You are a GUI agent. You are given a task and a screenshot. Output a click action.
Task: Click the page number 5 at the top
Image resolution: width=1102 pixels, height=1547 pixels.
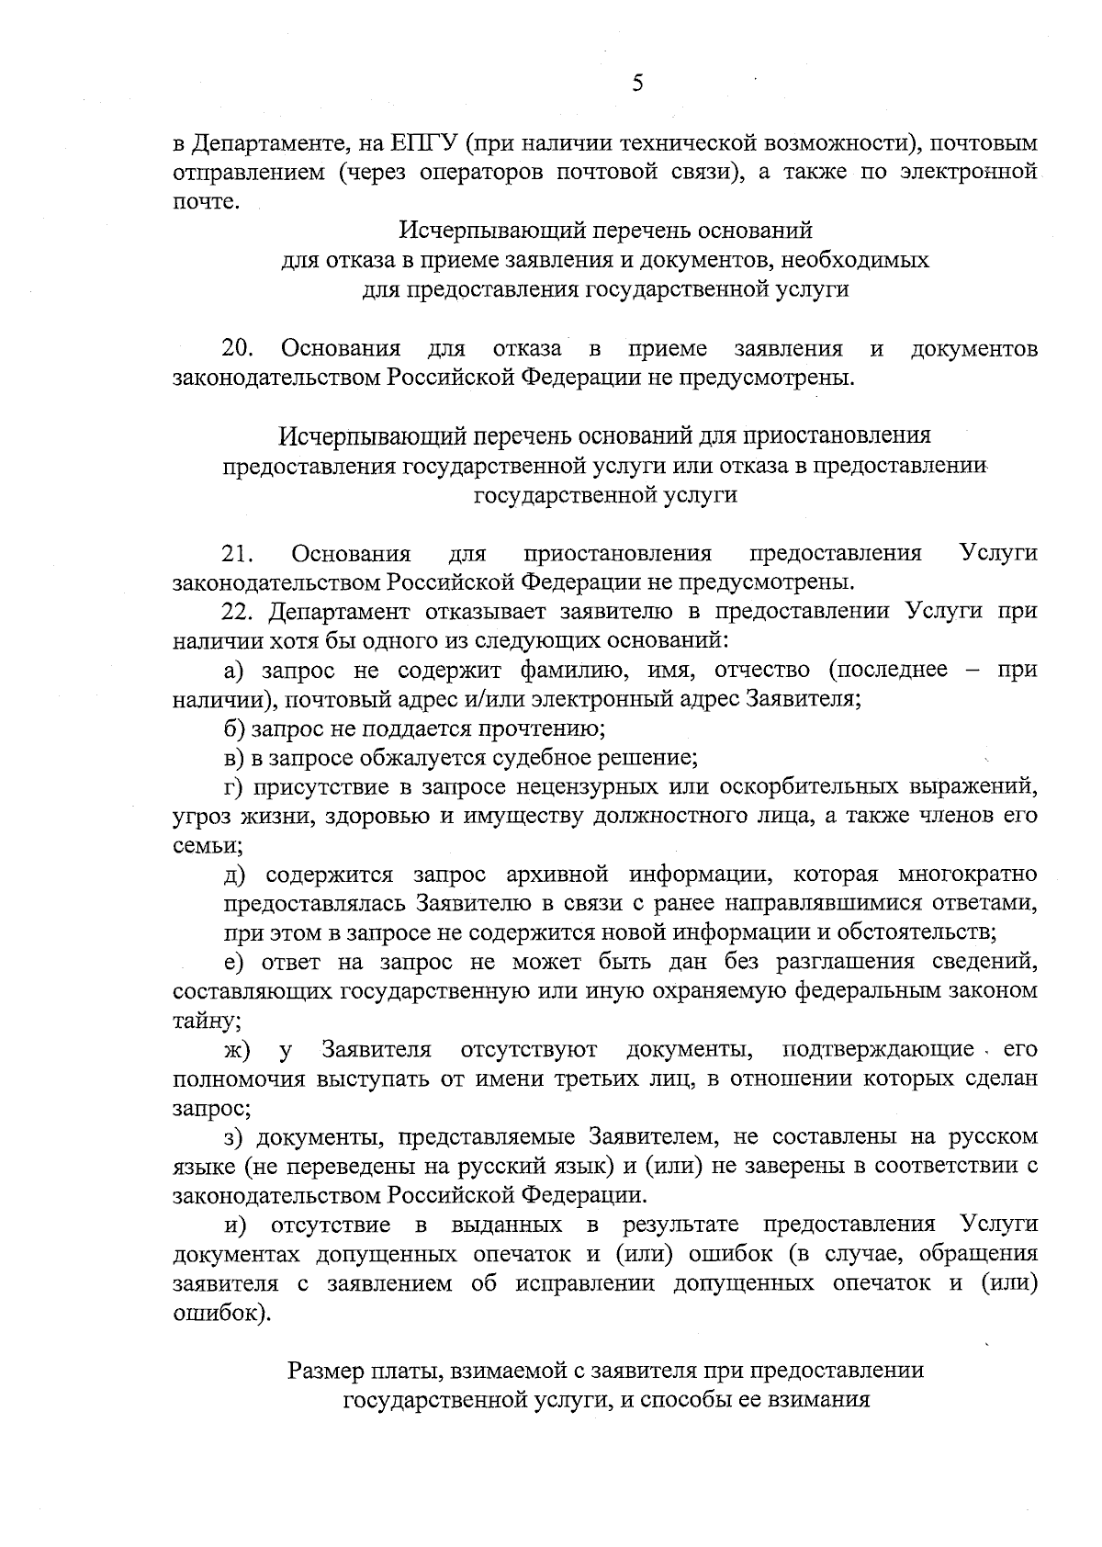[638, 84]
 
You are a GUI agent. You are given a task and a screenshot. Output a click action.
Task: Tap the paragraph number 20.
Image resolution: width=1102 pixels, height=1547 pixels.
[238, 349]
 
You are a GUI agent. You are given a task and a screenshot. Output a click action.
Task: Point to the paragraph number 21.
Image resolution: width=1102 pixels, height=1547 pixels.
[238, 553]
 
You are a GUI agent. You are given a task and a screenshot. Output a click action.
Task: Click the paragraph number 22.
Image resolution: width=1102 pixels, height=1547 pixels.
[241, 612]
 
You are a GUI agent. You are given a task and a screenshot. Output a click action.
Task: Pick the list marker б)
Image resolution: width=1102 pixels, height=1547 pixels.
[236, 729]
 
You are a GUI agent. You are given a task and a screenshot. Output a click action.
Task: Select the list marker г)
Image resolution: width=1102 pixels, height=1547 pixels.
[236, 788]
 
